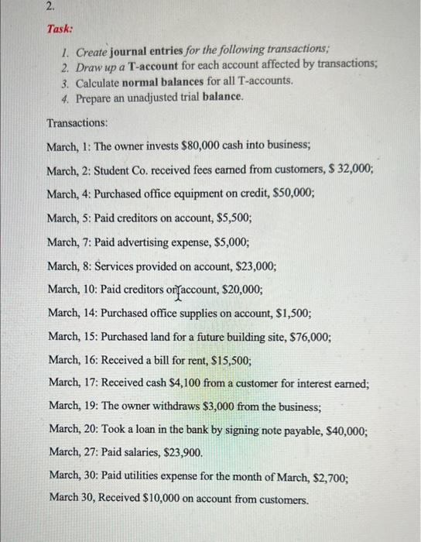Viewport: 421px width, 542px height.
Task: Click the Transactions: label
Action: pos(77,123)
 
